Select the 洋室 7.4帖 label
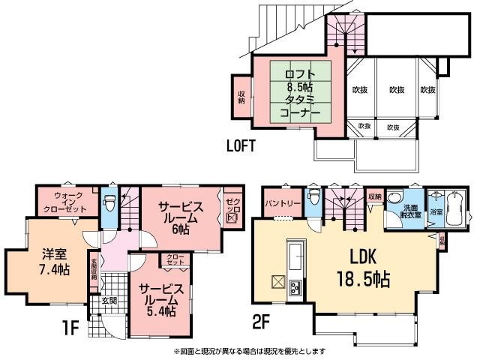pyautogui.click(x=53, y=260)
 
